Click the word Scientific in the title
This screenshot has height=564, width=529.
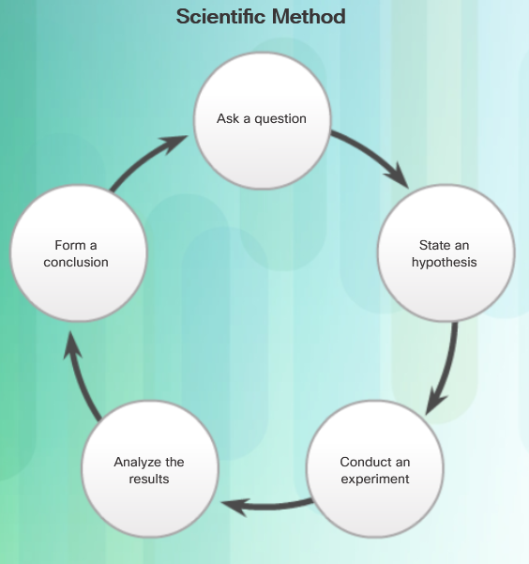(x=221, y=17)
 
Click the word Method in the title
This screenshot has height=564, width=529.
(x=309, y=17)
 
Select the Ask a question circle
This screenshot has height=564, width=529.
(x=263, y=120)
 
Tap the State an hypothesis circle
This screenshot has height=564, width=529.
(x=446, y=252)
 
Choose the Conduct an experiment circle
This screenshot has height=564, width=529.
(x=375, y=468)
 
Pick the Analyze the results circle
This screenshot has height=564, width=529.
(x=150, y=468)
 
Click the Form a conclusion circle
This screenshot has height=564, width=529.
(x=79, y=252)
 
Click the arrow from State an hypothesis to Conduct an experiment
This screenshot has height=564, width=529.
(x=448, y=371)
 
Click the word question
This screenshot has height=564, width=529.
(x=280, y=119)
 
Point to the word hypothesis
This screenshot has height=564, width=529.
(x=445, y=263)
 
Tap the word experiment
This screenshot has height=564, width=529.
(x=375, y=480)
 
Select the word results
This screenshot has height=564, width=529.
(x=149, y=480)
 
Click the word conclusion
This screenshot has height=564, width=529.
(x=76, y=262)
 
